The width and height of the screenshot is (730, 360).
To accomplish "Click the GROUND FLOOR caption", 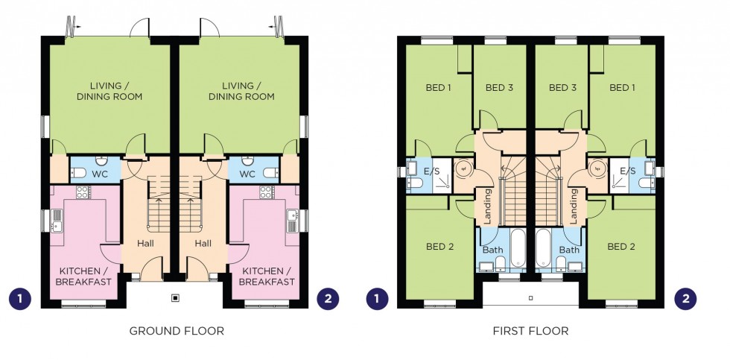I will point(177,331).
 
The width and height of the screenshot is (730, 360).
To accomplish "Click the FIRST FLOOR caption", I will point(530,331).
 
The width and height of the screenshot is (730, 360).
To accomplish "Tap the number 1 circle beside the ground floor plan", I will point(20,299).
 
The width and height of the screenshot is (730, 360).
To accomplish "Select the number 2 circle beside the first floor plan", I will point(685,299).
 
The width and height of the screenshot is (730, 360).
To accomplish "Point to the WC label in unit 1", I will point(101,174).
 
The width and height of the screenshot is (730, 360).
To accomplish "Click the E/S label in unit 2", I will point(628,171).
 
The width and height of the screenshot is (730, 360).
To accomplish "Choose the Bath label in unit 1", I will point(492,250).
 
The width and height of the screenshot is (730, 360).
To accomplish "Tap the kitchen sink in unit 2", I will point(293,219).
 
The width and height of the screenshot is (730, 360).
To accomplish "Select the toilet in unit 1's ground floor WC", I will point(78,173).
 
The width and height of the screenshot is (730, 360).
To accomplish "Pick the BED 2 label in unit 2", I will point(621,247).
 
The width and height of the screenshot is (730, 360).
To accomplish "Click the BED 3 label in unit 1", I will point(499,87).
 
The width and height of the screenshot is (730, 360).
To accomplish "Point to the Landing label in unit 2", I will point(574,206).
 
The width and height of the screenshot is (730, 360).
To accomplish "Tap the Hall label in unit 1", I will point(146,243).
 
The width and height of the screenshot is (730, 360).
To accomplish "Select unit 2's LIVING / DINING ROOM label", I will point(241,91).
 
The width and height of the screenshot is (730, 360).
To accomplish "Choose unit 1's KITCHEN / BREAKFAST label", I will point(83,277).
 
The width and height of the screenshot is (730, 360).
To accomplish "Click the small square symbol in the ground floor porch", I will point(176,297).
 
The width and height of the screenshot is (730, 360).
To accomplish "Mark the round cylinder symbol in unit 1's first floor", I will point(463,168).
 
